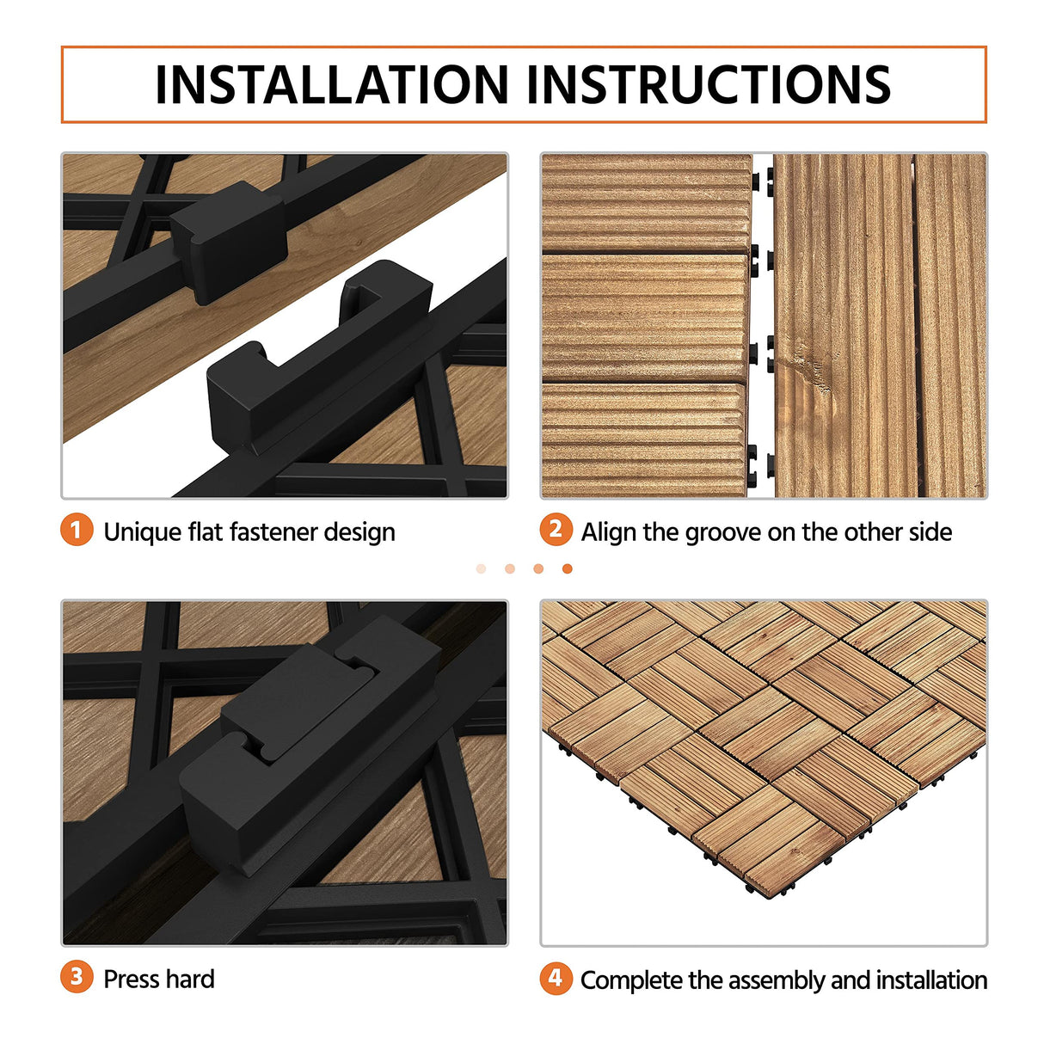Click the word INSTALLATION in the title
point(332,84)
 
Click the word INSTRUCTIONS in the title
point(708,84)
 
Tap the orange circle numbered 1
point(77,530)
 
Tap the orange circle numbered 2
point(556,530)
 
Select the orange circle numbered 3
point(77,977)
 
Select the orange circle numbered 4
point(556,978)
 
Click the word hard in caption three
point(191,980)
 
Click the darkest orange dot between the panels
point(567,568)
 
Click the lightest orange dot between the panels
point(481,568)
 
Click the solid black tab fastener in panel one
point(228,241)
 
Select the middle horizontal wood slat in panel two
point(645,318)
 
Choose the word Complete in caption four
point(630,980)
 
